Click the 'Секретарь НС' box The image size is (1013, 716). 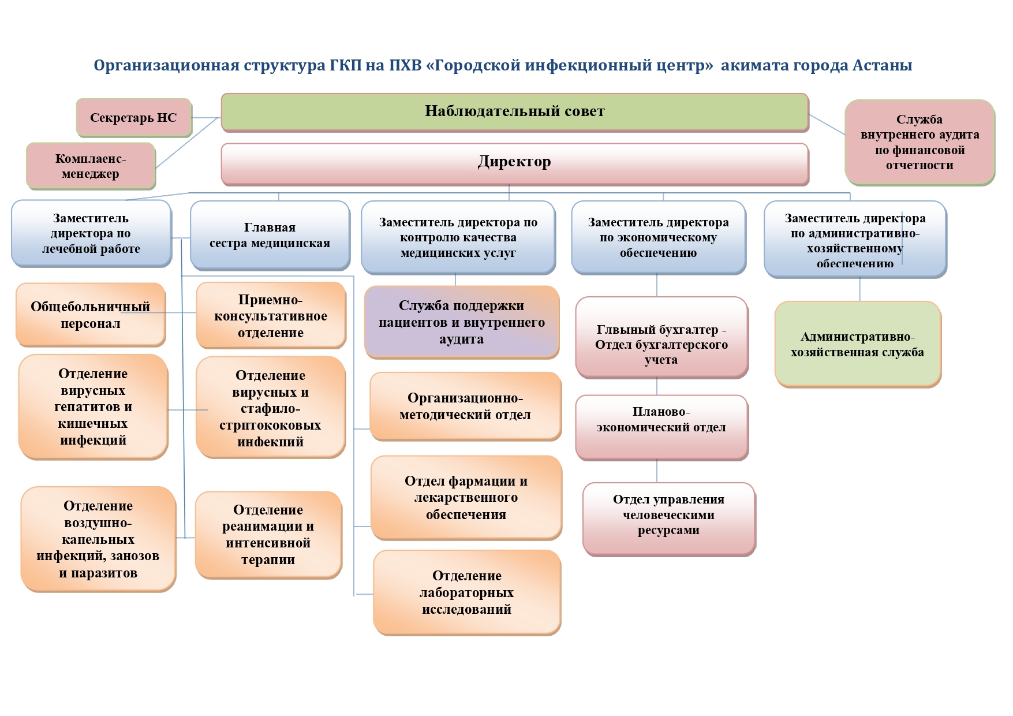[x=133, y=118]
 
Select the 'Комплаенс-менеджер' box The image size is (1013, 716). [x=91, y=166]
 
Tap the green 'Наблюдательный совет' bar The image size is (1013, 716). [x=514, y=111]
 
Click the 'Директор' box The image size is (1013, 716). [x=514, y=162]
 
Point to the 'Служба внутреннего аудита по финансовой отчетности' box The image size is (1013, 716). [x=919, y=142]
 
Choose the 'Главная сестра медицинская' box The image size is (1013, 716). [x=270, y=235]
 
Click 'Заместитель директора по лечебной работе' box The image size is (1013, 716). [x=91, y=233]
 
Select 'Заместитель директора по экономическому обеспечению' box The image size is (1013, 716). [x=658, y=237]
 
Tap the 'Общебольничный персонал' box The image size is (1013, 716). [x=91, y=315]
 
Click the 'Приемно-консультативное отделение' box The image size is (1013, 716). [x=271, y=316]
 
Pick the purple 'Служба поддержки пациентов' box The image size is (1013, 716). [x=462, y=322]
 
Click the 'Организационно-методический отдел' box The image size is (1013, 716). [x=465, y=406]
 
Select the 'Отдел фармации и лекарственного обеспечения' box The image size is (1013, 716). [x=466, y=498]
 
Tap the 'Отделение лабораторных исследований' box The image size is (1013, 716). [x=466, y=592]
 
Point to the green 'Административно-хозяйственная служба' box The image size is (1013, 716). [x=857, y=344]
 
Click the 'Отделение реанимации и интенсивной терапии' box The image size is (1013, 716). [x=268, y=535]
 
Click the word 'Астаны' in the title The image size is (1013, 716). [x=883, y=65]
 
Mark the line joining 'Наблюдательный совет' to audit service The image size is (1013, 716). [x=827, y=124]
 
